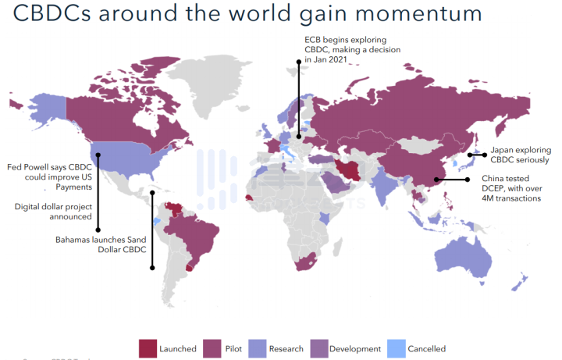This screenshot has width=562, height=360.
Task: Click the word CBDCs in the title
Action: [44, 13]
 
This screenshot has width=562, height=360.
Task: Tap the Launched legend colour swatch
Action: [148, 348]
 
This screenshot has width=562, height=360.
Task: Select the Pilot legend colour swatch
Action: [212, 348]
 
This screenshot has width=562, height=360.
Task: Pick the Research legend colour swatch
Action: [258, 348]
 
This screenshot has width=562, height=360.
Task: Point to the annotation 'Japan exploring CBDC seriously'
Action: [520, 155]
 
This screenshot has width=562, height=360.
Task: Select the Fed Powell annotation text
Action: [49, 176]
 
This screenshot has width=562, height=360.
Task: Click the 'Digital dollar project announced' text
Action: [54, 211]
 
